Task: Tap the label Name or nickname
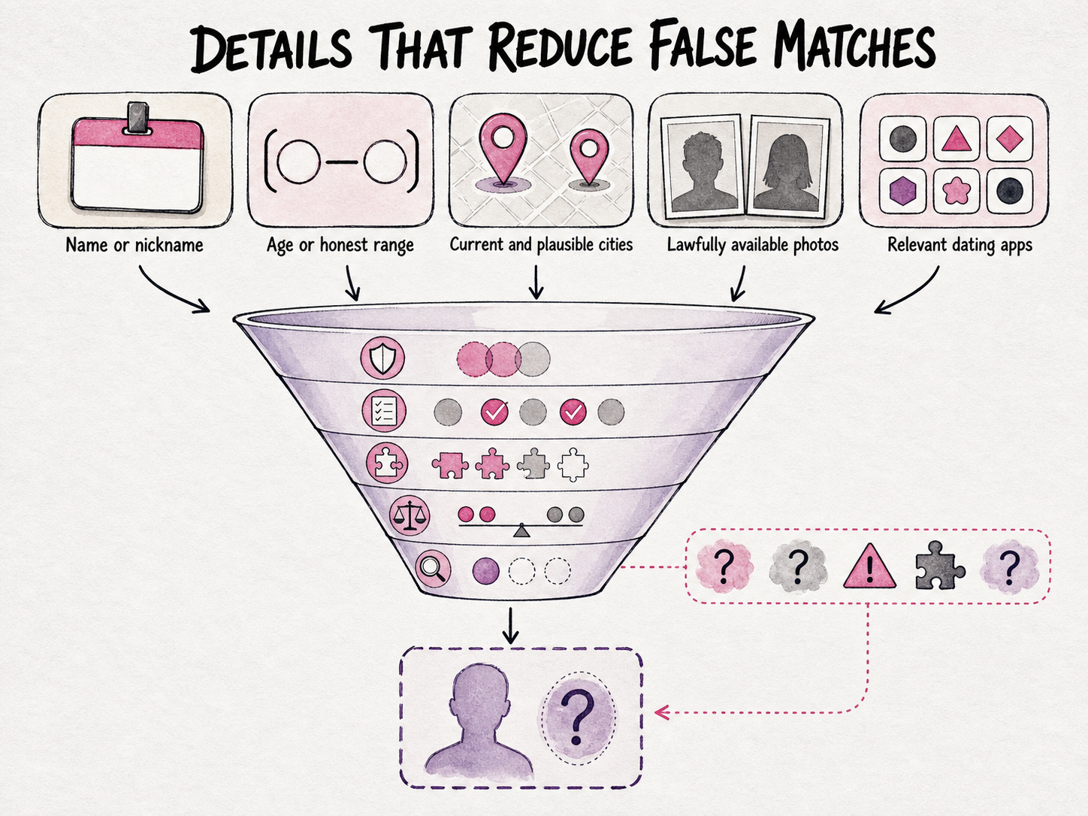pyautogui.click(x=134, y=245)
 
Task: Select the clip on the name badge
pyautogui.click(x=138, y=119)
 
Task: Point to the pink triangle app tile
pyautogui.click(x=957, y=139)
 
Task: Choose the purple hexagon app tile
pyautogui.click(x=902, y=192)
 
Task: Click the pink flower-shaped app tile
pyautogui.click(x=957, y=192)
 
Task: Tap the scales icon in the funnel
pyautogui.click(x=409, y=515)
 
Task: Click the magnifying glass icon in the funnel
pyautogui.click(x=433, y=569)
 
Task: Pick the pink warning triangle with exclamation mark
pyautogui.click(x=869, y=567)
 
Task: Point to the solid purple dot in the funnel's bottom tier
pyautogui.click(x=485, y=571)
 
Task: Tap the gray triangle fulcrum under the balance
pyautogui.click(x=521, y=530)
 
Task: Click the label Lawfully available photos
pyautogui.click(x=752, y=245)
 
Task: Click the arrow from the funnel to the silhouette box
pyautogui.click(x=510, y=626)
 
